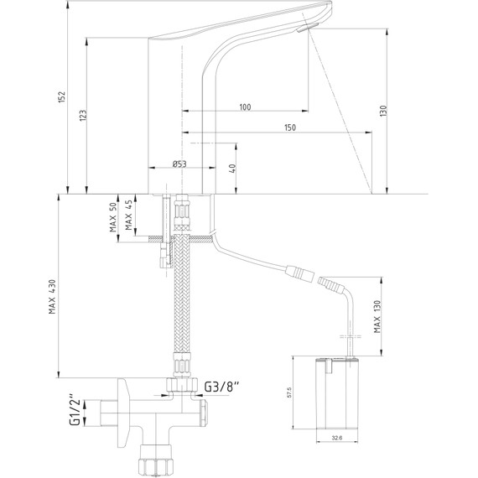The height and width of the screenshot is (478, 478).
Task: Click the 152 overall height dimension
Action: (x=62, y=96)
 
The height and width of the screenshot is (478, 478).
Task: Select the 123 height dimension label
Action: (x=83, y=116)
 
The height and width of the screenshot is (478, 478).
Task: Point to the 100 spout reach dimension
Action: (x=245, y=107)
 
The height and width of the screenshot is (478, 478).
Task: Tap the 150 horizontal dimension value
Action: (x=290, y=127)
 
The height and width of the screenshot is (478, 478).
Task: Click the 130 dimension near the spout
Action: (x=383, y=111)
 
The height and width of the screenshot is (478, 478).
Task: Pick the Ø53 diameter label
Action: (x=179, y=164)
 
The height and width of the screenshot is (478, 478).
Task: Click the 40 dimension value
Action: (x=232, y=169)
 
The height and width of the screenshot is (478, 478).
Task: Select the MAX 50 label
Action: (x=113, y=217)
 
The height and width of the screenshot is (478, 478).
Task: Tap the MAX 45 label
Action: (x=128, y=215)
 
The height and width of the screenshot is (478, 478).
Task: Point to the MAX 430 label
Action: (x=53, y=296)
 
